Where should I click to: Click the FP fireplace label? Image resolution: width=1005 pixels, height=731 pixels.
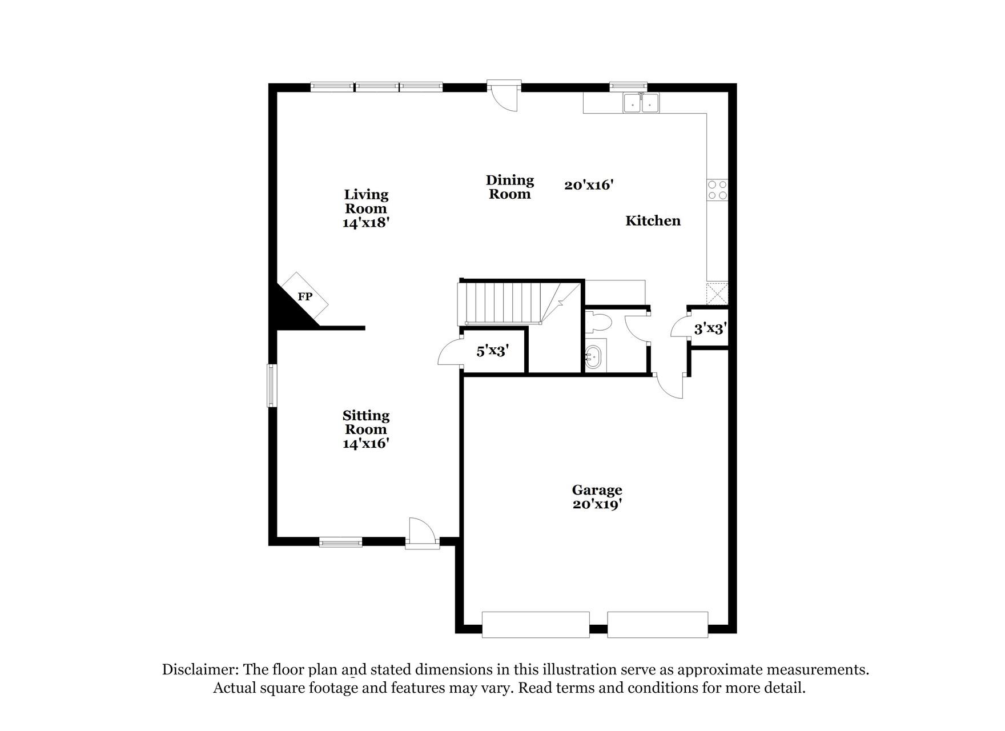point(305,297)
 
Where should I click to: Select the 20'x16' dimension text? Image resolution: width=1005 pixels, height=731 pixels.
point(589,185)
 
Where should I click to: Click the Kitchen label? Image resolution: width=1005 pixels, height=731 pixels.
point(653,221)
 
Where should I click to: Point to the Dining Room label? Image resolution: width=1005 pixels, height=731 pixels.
point(510,187)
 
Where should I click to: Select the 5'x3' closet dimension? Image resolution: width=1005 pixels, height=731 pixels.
point(493,351)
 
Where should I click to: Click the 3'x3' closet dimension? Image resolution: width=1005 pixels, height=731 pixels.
point(710,329)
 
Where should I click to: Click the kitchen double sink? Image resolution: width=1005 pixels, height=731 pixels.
point(641,103)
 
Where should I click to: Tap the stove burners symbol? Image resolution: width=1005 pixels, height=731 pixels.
point(717,190)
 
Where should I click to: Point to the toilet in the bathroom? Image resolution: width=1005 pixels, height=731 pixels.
point(599,323)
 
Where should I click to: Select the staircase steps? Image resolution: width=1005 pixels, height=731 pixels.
point(502,303)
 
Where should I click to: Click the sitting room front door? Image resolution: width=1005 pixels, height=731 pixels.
point(422,534)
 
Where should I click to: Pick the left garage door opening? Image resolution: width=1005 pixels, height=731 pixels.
point(536,625)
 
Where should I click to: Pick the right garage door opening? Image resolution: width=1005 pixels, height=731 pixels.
point(657,625)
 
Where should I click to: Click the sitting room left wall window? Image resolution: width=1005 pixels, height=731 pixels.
point(272,385)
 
